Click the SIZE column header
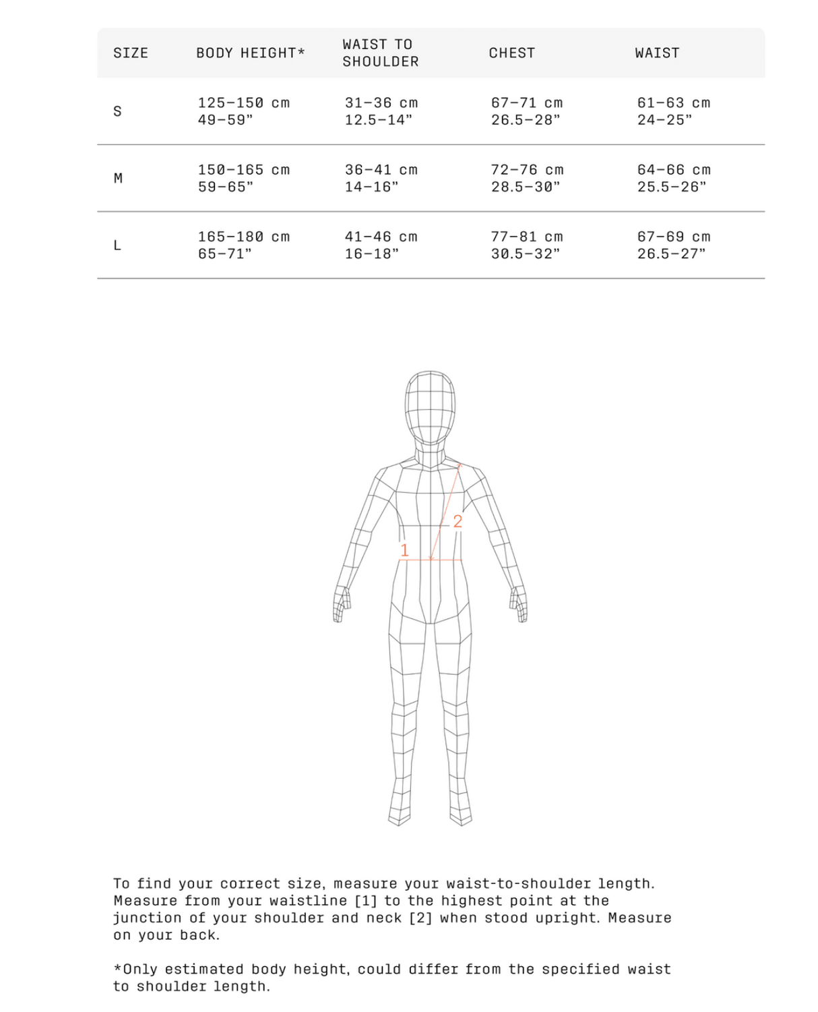131,53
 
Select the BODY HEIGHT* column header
251,53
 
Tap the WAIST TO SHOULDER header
381,53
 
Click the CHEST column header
512,53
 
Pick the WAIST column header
657,53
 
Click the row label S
118,111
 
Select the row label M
119,179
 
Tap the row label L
118,245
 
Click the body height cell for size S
243,111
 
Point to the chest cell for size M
527,179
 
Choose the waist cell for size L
674,245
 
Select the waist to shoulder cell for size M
381,179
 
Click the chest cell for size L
526,245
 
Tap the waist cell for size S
674,111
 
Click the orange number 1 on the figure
404,550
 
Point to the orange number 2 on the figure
458,521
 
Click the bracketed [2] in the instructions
421,918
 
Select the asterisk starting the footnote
118,969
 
